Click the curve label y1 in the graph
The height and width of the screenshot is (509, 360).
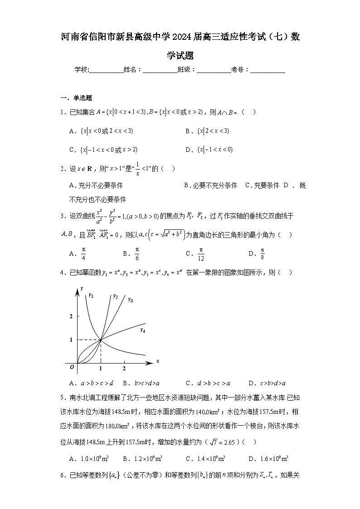(91, 295)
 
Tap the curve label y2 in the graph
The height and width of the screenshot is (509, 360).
(115, 296)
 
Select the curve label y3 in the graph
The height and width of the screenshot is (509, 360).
(130, 299)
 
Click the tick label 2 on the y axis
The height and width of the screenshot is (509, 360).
(71, 316)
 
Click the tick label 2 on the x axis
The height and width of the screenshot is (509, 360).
(124, 368)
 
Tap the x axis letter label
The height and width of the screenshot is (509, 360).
(157, 361)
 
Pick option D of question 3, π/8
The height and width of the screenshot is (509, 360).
(257, 254)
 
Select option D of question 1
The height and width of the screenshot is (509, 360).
(209, 150)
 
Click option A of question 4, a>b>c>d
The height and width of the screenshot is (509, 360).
(91, 383)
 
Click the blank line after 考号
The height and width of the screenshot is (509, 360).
(268, 70)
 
